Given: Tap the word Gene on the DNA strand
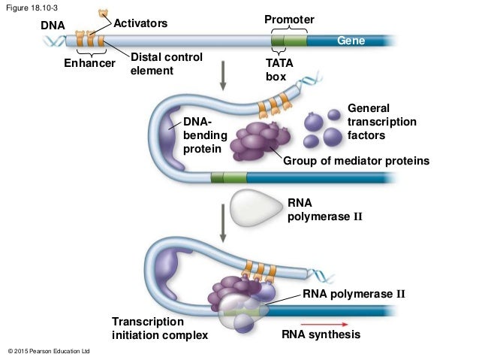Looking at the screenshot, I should coord(350,41).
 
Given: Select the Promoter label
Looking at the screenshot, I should coord(289,19).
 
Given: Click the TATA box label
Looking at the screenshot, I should coord(279,70).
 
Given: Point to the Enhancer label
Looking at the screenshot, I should coord(89,64).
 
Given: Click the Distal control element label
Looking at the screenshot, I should coord(166,64).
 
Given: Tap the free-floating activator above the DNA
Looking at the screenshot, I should coord(103,14).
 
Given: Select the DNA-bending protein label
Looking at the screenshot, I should coord(203,135).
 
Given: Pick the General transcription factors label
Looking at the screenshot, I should coord(381,122).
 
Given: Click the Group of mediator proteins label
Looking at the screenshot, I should coord(355,160).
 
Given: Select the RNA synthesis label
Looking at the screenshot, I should coord(321,334).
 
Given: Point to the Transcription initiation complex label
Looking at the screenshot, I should coord(159,328).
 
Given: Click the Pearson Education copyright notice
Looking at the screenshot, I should coord(48,352).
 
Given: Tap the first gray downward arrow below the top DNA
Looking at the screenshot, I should coord(223,74).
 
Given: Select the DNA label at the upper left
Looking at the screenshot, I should coord(53,26).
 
